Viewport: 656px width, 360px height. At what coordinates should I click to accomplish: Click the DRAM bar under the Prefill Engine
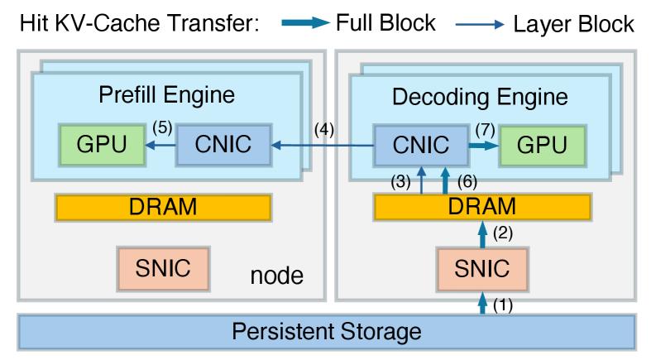(x=163, y=207)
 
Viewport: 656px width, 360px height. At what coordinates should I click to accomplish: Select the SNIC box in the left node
(x=163, y=267)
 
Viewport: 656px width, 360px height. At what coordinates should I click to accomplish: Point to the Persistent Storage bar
(x=327, y=332)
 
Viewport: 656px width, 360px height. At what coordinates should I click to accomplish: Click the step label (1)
(x=504, y=305)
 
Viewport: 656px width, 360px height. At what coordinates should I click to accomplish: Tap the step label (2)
(x=504, y=234)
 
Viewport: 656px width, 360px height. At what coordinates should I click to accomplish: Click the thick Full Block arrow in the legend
(x=304, y=24)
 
